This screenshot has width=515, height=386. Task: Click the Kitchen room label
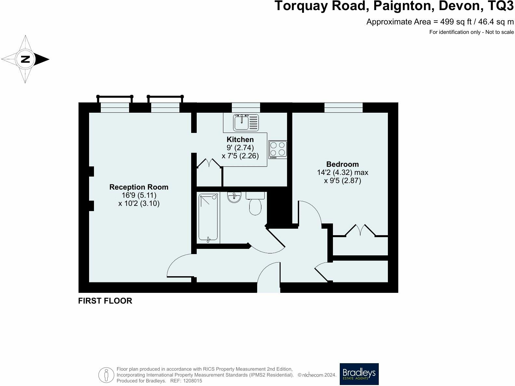240,139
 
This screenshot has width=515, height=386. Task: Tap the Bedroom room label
342,164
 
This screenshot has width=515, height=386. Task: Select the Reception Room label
139,187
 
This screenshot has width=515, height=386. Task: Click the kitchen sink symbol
246,122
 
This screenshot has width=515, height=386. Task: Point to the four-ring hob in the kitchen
278,150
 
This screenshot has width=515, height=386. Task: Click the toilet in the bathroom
255,203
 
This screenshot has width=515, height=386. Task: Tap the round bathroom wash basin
234,197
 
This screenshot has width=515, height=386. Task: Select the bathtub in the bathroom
208,218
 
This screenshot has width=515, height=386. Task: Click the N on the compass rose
25,59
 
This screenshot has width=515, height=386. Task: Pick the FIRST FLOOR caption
105,301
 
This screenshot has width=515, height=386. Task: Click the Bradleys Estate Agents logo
359,374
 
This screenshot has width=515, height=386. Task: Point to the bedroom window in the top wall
343,107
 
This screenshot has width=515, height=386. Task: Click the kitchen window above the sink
246,107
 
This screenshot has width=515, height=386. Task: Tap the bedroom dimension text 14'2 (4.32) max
343,172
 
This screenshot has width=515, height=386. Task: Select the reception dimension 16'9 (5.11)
139,195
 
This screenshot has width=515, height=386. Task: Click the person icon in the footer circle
106,375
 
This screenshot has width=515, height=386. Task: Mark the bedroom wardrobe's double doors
360,230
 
